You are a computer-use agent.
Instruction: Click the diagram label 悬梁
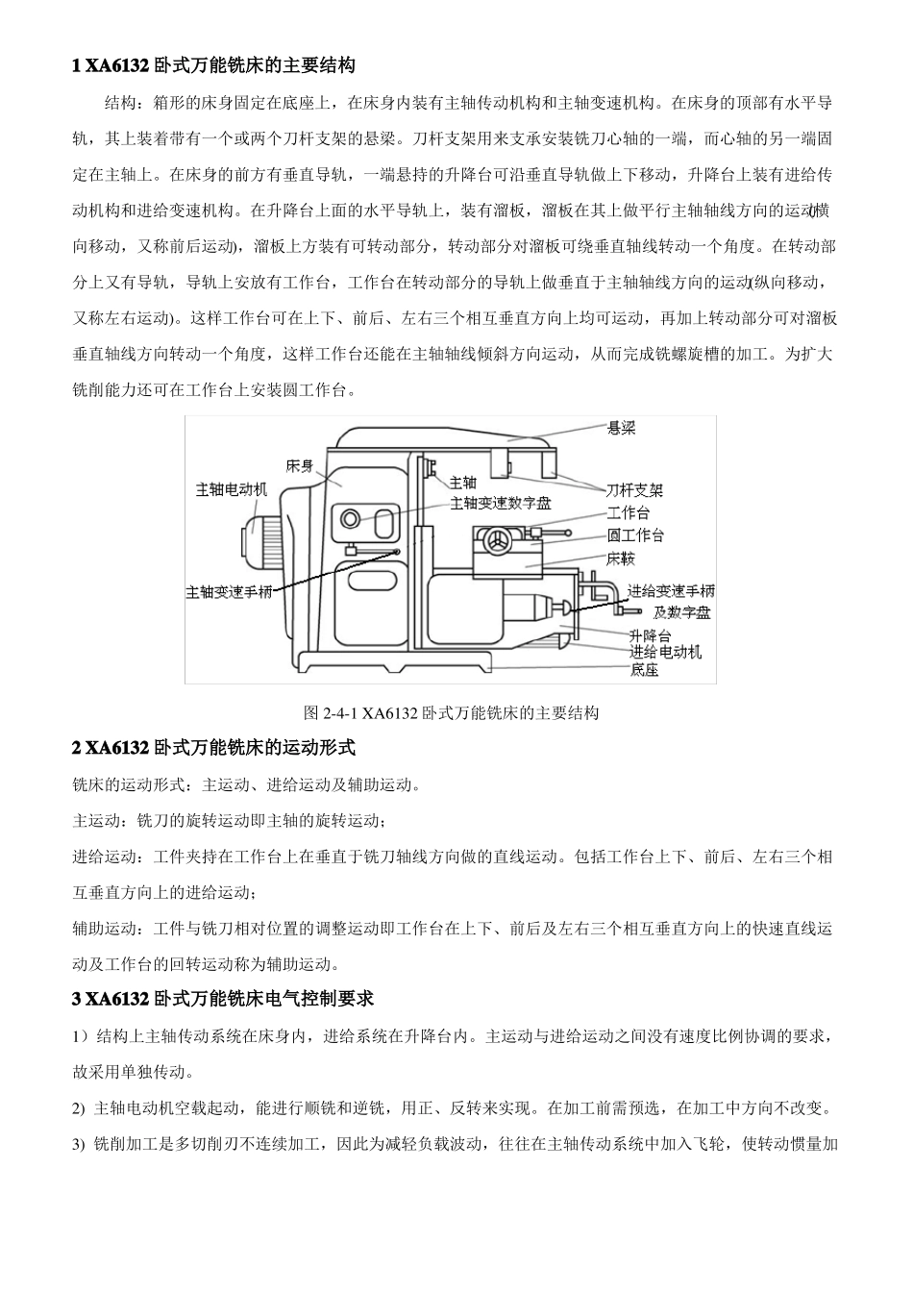click(622, 430)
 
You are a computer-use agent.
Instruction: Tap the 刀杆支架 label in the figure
click(634, 489)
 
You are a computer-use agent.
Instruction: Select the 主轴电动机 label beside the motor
click(232, 489)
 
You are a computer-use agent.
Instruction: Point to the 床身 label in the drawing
click(300, 466)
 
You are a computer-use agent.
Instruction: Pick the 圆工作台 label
click(635, 535)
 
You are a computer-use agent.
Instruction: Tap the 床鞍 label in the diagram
click(621, 559)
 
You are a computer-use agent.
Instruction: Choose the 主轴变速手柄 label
click(229, 591)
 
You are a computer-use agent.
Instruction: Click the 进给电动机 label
click(665, 652)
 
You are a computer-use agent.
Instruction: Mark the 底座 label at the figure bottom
click(645, 670)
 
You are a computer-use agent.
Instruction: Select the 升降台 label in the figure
click(651, 634)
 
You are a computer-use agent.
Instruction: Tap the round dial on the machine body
click(348, 518)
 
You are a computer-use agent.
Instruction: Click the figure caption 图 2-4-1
click(451, 712)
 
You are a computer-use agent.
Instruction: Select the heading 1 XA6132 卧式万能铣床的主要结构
click(213, 65)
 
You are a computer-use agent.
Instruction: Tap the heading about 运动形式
click(213, 747)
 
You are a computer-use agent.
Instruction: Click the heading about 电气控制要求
click(223, 999)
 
